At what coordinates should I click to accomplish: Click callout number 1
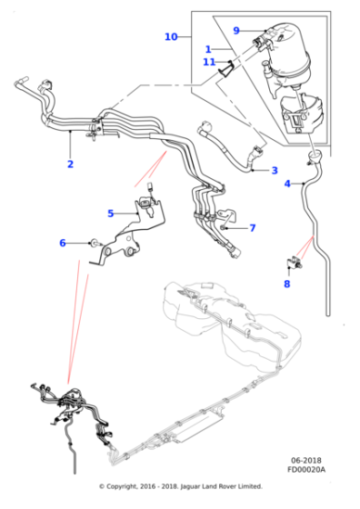[207, 49]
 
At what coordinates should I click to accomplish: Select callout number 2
[70, 165]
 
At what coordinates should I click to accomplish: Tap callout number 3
[275, 170]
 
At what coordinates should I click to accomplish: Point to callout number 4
[287, 185]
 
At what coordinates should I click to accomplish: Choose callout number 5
[110, 214]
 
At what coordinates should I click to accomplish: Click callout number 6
[63, 243]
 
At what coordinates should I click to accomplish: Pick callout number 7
[253, 228]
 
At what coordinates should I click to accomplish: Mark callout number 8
[286, 284]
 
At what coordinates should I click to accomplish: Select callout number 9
[235, 30]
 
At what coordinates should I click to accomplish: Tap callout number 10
[171, 37]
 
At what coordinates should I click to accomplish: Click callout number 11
[208, 62]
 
